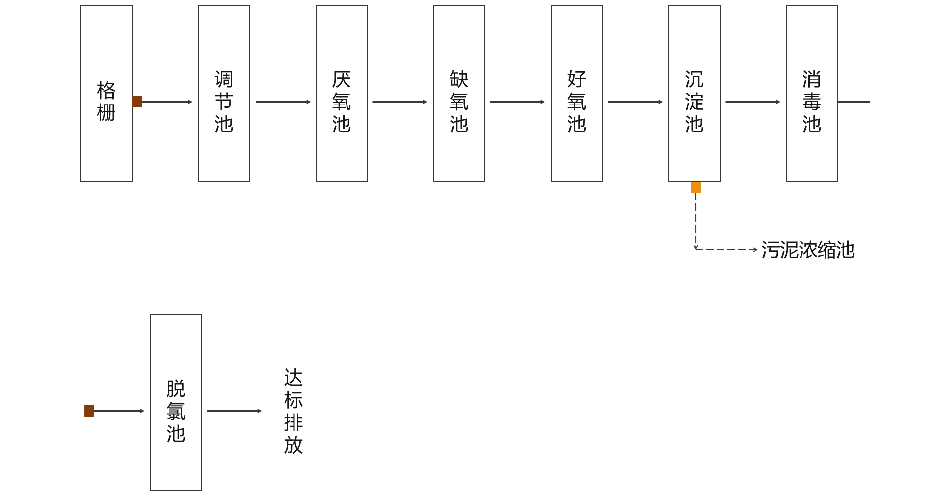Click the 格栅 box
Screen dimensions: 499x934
point(107,93)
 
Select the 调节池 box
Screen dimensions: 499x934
point(224,94)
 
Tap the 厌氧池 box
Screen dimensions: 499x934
point(342,94)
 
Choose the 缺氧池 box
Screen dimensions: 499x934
point(459,94)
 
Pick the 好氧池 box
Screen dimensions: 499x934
point(577,94)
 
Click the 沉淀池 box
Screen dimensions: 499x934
point(694,94)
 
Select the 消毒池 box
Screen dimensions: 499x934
point(812,94)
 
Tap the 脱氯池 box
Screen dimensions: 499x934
point(176,402)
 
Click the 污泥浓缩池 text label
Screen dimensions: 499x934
point(808,250)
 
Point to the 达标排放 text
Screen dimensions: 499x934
point(294,411)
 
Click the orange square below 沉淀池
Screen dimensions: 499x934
point(695,188)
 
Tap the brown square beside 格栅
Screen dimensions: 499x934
point(137,102)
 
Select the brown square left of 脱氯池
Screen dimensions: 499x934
point(89,411)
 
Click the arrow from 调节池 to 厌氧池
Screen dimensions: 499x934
point(283,102)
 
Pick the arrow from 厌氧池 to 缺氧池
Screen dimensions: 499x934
point(400,102)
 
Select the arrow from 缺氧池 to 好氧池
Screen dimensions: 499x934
point(517,102)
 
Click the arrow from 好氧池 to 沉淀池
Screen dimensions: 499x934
point(635,102)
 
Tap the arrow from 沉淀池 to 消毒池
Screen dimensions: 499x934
point(753,102)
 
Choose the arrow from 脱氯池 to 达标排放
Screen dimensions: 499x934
point(234,411)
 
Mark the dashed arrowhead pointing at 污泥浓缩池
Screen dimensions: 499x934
point(755,250)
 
